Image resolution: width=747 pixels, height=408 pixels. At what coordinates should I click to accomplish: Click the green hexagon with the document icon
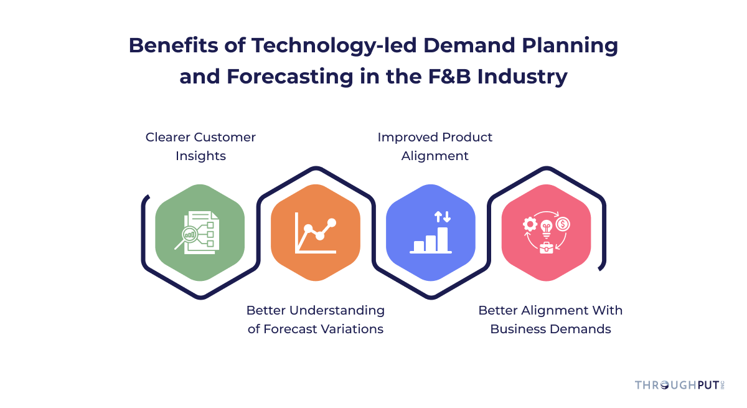(x=200, y=232)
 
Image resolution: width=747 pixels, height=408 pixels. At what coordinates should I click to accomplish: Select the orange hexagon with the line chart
(x=316, y=232)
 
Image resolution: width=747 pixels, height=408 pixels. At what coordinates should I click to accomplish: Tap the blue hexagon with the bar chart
(x=431, y=232)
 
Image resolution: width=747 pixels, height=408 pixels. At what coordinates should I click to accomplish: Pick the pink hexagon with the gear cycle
(x=546, y=232)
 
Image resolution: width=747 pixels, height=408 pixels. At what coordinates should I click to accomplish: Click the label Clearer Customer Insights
(x=200, y=146)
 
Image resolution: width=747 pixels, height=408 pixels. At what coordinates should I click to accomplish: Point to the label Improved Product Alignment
(x=435, y=146)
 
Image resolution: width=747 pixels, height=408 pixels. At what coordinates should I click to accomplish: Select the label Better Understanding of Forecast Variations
(x=316, y=319)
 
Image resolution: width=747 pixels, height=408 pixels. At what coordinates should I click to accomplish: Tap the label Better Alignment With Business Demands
(x=550, y=319)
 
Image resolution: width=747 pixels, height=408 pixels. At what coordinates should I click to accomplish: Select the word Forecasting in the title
(x=279, y=77)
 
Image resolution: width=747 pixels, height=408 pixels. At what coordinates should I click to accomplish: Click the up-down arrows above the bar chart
(x=442, y=217)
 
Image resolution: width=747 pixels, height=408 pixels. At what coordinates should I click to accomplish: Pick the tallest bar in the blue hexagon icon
(x=443, y=239)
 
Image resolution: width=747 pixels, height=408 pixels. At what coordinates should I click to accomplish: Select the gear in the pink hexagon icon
(x=530, y=224)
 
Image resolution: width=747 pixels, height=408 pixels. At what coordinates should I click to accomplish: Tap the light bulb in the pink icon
(x=547, y=227)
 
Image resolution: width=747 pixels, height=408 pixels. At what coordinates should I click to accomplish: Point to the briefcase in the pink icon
(x=547, y=247)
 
